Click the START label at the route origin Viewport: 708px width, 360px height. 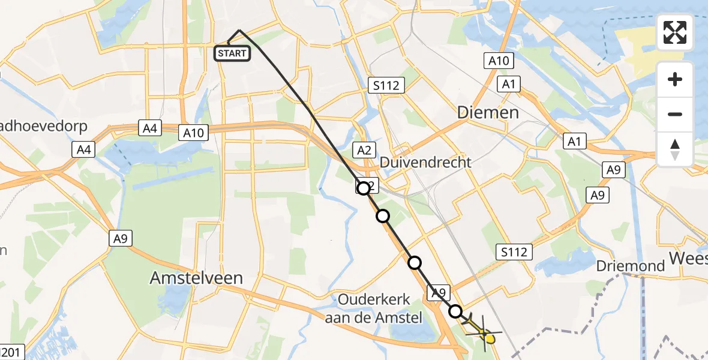(x=232, y=53)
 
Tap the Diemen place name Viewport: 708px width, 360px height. (x=488, y=112)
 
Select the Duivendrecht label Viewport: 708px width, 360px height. (x=425, y=162)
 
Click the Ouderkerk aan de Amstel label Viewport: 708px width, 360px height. (x=374, y=308)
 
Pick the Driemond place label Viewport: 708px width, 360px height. (x=631, y=266)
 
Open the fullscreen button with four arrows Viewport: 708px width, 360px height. (x=675, y=32)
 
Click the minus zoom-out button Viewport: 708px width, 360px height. (x=675, y=114)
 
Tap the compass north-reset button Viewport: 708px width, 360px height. (x=675, y=149)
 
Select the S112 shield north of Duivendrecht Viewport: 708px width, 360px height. (x=385, y=86)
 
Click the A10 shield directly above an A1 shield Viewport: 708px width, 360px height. (x=498, y=60)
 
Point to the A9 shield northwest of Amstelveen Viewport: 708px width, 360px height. (x=121, y=239)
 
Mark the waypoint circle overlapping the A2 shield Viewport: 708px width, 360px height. (x=364, y=188)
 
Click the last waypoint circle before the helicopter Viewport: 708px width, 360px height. (x=455, y=311)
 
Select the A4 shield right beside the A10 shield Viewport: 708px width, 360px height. (x=150, y=127)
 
